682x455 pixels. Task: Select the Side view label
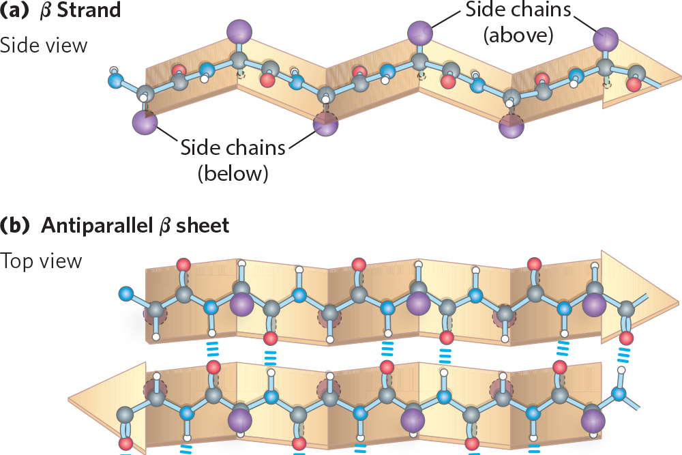tap(44, 46)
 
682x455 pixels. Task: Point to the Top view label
tap(41, 261)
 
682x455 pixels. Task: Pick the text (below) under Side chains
tap(232, 173)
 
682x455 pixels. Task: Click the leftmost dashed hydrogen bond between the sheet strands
tap(212, 350)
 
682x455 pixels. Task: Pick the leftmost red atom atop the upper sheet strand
tap(182, 265)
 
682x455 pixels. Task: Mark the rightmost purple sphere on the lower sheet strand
tap(593, 418)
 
